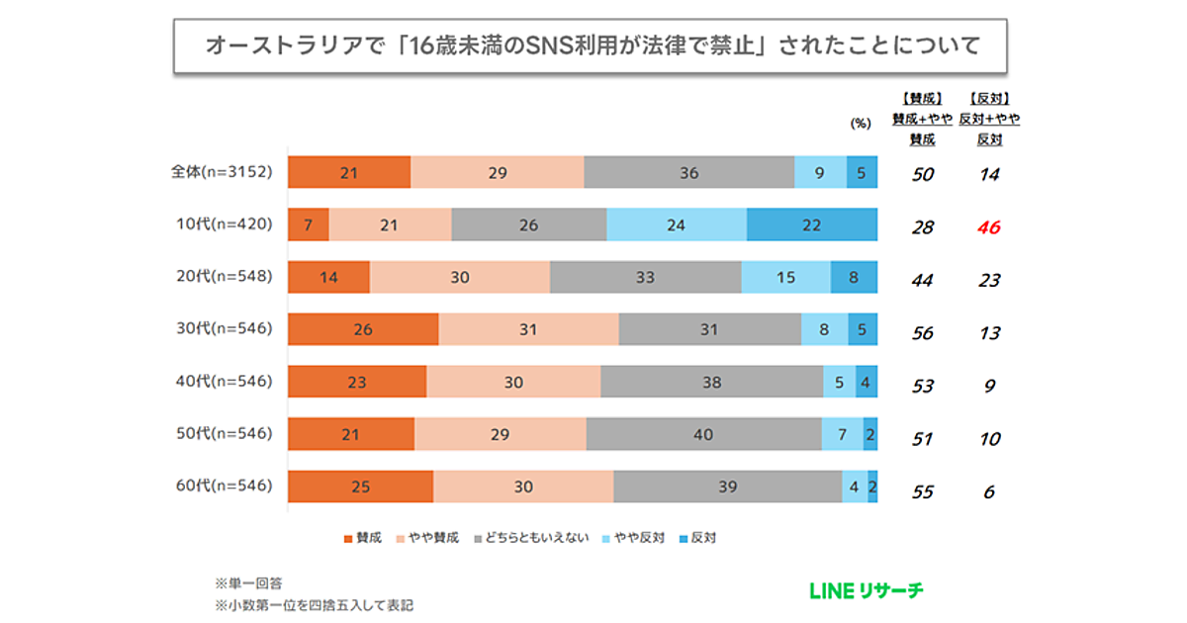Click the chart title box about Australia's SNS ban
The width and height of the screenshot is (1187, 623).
590,45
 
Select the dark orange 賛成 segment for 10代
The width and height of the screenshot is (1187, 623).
308,225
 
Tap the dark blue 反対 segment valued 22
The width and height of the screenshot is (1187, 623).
811,225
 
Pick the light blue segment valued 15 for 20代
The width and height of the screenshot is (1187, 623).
785,278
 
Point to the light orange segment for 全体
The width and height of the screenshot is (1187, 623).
497,173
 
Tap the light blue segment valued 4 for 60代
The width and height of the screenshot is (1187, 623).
855,488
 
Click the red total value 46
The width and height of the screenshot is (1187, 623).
989,227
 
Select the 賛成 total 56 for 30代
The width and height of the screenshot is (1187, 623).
922,333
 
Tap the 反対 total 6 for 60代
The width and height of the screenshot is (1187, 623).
989,491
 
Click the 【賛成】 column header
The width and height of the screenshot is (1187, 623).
922,99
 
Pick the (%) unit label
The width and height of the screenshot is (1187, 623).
860,124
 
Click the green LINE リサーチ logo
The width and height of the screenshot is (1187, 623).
866,591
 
